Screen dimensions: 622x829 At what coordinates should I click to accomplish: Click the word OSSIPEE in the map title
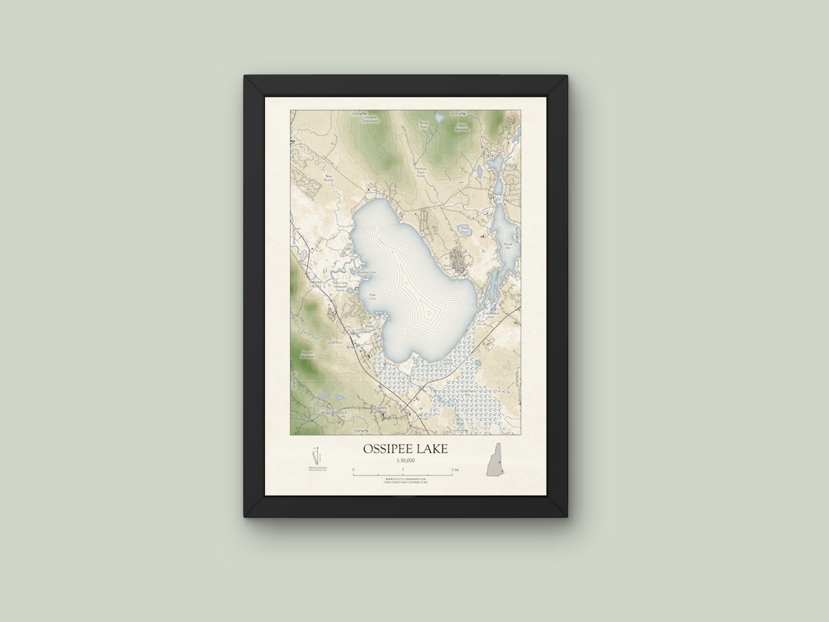(x=388, y=448)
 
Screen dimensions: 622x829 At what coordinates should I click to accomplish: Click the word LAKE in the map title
(x=432, y=448)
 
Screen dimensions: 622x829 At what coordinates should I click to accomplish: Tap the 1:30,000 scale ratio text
(x=405, y=460)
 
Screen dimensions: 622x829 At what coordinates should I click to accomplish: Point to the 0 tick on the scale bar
(x=354, y=469)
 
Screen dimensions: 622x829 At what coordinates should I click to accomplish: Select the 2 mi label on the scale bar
(x=455, y=469)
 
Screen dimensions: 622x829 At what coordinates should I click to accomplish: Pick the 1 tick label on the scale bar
(x=404, y=469)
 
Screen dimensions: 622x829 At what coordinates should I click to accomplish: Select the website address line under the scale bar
(x=405, y=478)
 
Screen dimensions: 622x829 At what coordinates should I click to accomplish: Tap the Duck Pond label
(x=465, y=227)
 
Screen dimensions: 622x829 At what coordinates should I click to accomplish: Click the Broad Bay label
(x=507, y=245)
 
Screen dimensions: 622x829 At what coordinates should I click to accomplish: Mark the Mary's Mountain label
(x=462, y=127)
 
